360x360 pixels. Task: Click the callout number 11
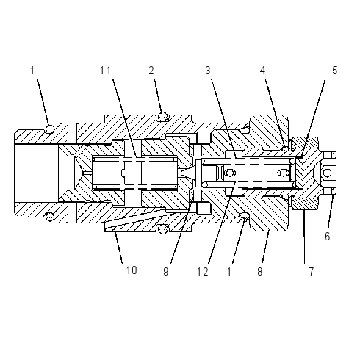point(105,71)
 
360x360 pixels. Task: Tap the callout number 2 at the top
point(151,71)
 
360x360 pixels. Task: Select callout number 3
point(208,71)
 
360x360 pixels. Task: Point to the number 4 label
point(262,71)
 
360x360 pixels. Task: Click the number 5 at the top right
point(334,71)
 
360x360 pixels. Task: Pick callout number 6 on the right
point(328,237)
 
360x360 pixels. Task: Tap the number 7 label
point(311,271)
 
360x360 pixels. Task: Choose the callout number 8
point(260,271)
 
